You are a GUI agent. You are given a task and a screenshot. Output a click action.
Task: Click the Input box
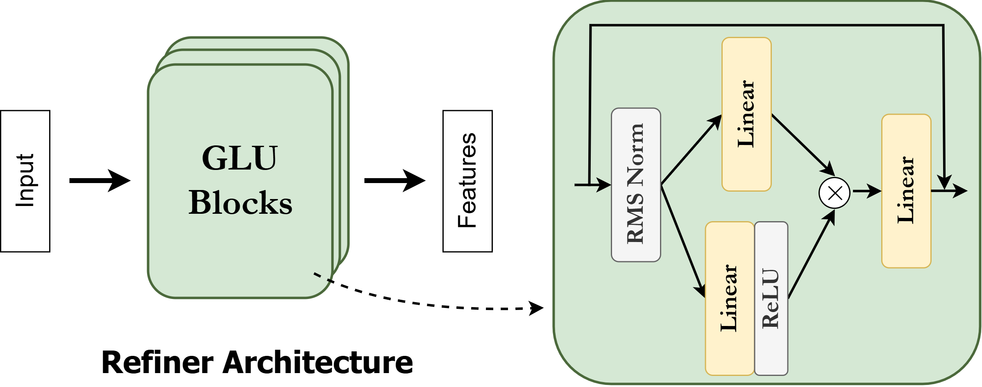(x=25, y=181)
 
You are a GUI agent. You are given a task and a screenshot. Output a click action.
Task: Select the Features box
(x=467, y=181)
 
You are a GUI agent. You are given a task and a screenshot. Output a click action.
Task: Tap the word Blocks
(x=240, y=203)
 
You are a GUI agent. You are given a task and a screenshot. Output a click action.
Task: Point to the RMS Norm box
(x=635, y=185)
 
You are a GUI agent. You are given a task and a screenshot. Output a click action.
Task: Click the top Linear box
(x=746, y=114)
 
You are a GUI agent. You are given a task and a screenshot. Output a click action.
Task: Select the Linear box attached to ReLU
(x=729, y=298)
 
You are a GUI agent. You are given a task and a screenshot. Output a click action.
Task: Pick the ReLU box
(x=771, y=298)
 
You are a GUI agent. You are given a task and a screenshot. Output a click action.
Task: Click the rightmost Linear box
(x=906, y=191)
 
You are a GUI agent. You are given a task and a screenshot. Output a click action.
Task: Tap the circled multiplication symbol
(x=834, y=193)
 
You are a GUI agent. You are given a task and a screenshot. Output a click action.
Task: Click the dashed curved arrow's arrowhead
(x=536, y=308)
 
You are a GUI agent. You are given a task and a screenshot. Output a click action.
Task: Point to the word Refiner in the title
(x=157, y=363)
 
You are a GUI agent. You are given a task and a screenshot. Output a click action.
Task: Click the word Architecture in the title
(x=318, y=363)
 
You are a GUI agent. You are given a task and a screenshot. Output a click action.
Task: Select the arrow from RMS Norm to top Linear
(x=691, y=150)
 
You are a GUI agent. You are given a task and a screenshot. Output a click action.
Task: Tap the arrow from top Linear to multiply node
(x=802, y=144)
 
